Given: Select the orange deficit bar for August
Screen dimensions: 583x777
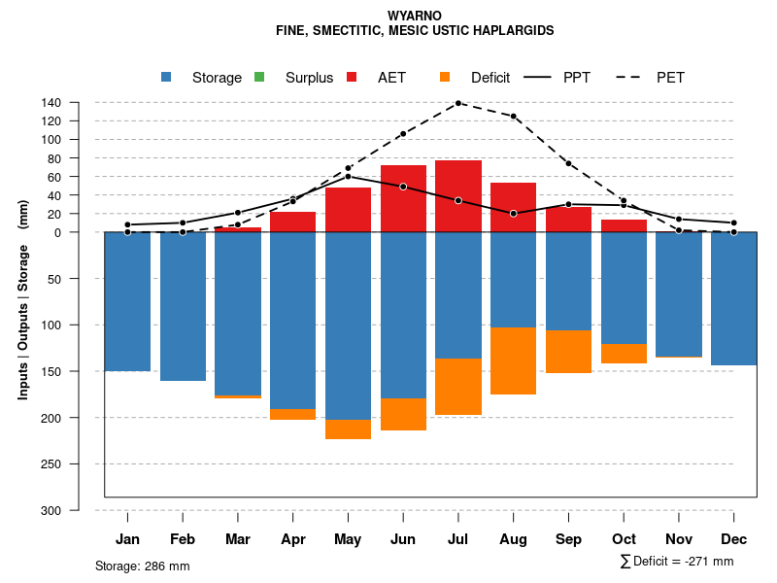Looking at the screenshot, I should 513,360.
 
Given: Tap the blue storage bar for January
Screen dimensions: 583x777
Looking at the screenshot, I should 127,301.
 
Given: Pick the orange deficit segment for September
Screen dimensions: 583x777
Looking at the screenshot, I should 568,352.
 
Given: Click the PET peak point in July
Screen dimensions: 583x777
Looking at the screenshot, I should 458,102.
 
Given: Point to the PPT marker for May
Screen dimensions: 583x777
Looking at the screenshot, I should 348,176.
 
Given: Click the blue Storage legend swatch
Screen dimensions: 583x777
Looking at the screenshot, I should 166,78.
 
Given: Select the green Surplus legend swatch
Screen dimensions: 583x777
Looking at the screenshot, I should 259,78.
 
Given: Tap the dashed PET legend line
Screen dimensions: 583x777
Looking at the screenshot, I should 633,78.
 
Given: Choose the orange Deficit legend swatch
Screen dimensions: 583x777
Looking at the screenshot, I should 445,78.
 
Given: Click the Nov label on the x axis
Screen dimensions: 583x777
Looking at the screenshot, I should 679,539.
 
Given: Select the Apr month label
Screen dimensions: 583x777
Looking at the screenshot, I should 293,539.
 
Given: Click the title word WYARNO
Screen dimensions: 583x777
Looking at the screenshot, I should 415,17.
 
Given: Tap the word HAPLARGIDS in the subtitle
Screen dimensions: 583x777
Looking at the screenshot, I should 505,31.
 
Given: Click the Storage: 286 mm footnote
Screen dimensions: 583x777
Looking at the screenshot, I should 143,566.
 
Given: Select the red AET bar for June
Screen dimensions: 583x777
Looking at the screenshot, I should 403,198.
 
